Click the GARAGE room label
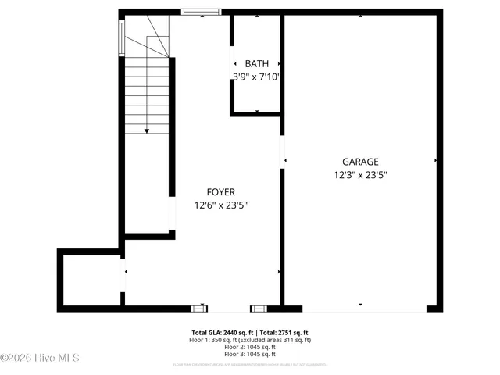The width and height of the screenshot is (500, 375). click(360, 162)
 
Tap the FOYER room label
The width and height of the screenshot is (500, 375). click(220, 192)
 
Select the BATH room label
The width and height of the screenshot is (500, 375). click(257, 63)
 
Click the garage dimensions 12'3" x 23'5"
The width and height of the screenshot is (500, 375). click(360, 176)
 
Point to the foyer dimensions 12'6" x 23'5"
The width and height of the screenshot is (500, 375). click(220, 206)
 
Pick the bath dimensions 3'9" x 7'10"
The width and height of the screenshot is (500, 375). click(256, 77)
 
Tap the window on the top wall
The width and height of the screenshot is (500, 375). click(202, 12)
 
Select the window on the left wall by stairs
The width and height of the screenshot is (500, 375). click(121, 37)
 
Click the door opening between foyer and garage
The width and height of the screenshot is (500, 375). click(283, 161)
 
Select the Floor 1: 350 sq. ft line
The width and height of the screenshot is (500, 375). click(250, 341)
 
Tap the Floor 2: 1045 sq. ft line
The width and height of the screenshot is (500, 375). click(250, 348)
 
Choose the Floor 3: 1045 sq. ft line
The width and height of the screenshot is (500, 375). click(250, 355)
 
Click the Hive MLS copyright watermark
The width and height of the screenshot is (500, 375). click(41, 358)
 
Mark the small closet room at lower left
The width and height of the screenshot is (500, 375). click(90, 279)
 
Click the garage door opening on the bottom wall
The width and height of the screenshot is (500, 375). click(360, 309)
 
